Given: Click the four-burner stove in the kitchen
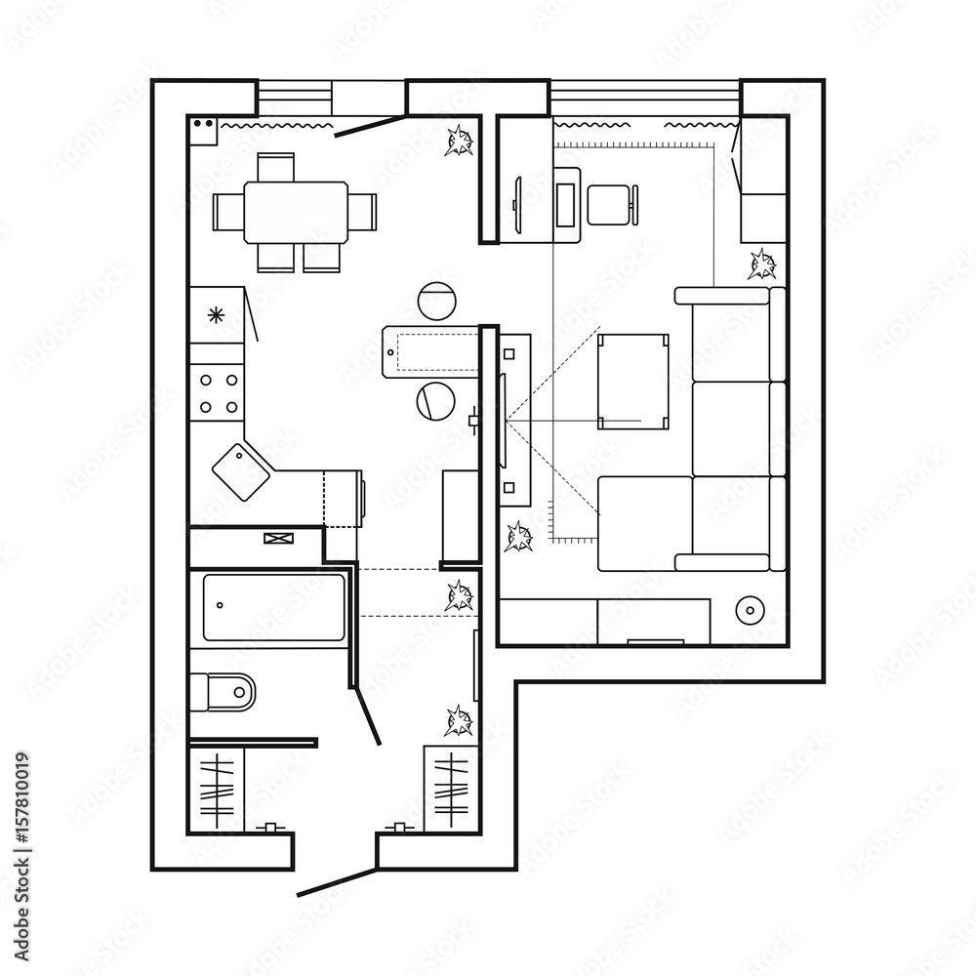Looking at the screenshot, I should tap(219, 392).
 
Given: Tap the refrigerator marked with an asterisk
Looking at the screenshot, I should tap(216, 314).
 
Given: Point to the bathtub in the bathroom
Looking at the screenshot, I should tap(273, 607).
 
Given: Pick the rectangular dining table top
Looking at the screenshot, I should tap(296, 212).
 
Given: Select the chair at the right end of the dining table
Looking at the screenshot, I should tap(363, 212).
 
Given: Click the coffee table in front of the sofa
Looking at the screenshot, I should tap(633, 381).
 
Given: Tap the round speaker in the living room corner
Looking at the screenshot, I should tap(750, 610).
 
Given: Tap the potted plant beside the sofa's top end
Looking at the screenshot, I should tap(762, 264).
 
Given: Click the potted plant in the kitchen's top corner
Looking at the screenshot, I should tap(459, 142).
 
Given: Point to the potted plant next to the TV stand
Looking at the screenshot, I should tap(518, 536).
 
